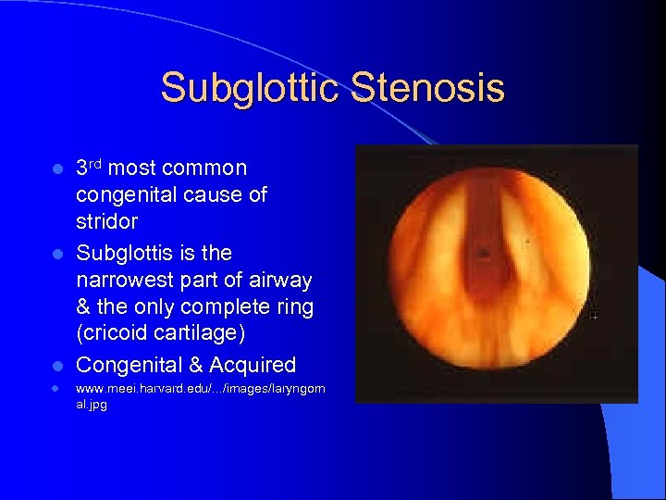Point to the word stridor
(106, 222)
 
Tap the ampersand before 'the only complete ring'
(84, 307)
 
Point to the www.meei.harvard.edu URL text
(200, 390)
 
